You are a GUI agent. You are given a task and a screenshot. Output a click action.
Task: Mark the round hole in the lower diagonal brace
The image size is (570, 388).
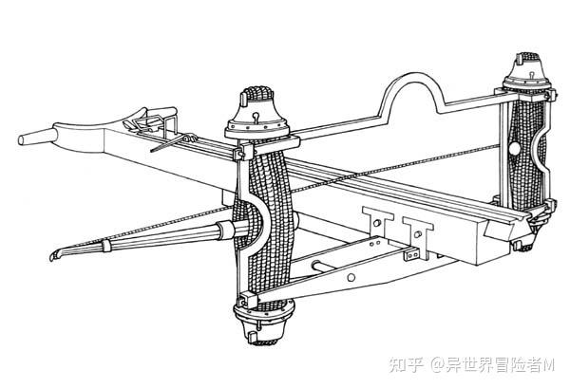click(x=351, y=276)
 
